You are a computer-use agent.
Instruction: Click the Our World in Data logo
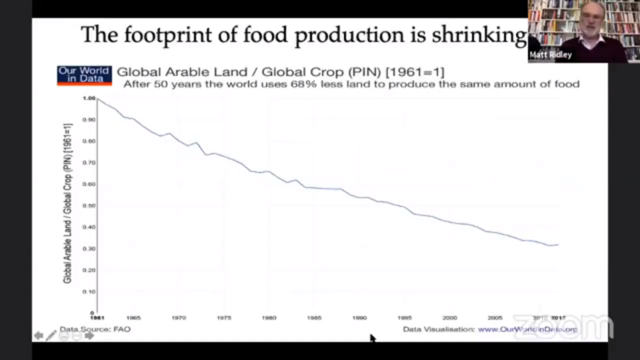click(84, 75)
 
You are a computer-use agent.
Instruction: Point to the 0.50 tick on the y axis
click(89, 206)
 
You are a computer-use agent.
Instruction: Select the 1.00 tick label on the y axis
click(89, 98)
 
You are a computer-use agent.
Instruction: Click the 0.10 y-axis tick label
click(89, 292)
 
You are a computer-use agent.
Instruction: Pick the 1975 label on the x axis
click(224, 318)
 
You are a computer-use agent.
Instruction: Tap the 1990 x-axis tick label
click(359, 318)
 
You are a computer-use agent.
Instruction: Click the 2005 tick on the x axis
click(495, 318)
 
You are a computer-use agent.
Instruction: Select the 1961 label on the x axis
click(97, 318)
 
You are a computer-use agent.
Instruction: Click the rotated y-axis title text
click(67, 203)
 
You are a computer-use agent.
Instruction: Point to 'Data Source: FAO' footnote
click(95, 329)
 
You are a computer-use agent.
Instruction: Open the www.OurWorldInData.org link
click(527, 330)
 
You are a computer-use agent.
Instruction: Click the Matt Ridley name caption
click(550, 55)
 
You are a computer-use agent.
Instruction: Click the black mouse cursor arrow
click(372, 338)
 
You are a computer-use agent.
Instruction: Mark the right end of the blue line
click(558, 244)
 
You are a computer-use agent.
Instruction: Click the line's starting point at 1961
click(98, 98)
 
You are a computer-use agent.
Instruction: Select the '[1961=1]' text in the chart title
click(415, 72)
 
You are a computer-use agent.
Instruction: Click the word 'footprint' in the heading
click(168, 35)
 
